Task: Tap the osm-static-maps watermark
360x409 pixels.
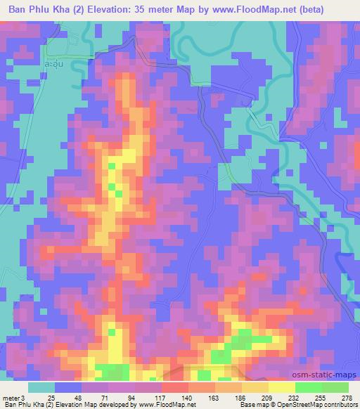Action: (x=330, y=375)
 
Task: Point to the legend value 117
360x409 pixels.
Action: (x=160, y=398)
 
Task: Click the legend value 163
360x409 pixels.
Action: (x=214, y=398)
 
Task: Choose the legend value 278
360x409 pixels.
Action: (x=347, y=398)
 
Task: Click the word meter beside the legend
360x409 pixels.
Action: (x=12, y=398)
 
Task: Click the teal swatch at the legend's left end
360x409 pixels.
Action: (x=41, y=387)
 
